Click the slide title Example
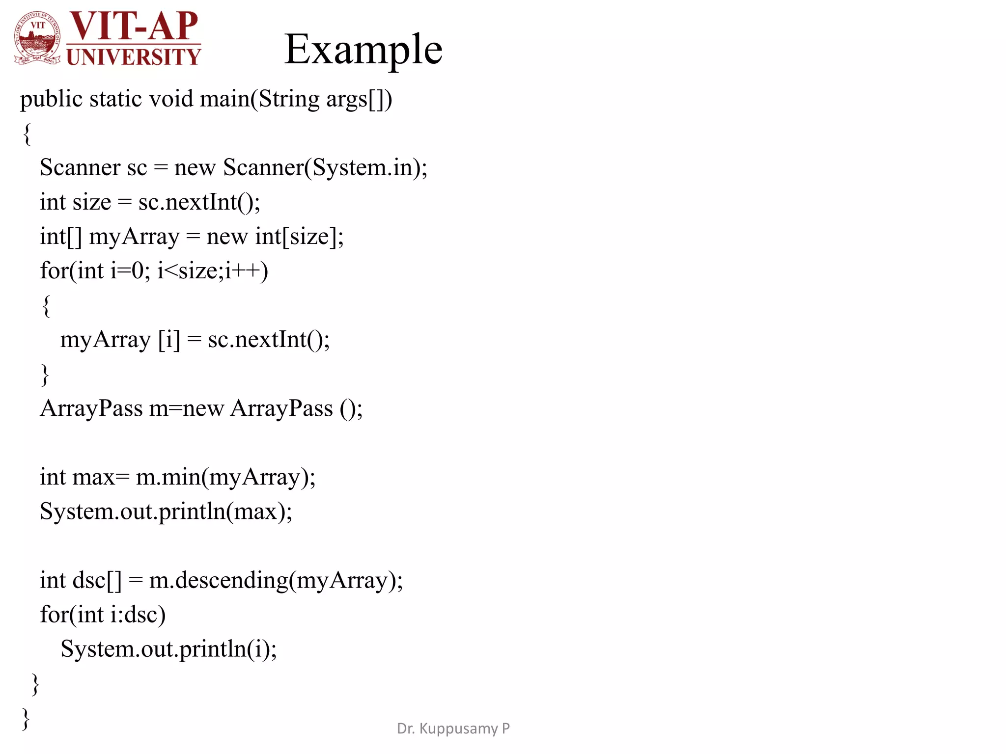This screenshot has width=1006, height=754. click(x=363, y=50)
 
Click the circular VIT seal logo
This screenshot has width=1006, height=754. click(x=38, y=38)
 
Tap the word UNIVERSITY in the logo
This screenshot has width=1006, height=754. click(x=133, y=57)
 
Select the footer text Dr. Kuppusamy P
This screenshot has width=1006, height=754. click(x=453, y=728)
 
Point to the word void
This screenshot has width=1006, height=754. click(x=171, y=99)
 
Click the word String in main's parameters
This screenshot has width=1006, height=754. click(x=289, y=100)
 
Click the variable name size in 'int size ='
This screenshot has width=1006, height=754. click(x=92, y=202)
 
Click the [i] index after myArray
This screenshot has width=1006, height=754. click(x=169, y=340)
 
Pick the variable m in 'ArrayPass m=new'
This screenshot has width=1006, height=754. click(x=158, y=409)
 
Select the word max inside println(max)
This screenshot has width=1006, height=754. click(x=255, y=512)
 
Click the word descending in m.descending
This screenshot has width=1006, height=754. click(x=232, y=581)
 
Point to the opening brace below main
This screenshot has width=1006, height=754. click(x=28, y=134)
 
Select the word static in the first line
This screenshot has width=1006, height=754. click(x=115, y=99)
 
